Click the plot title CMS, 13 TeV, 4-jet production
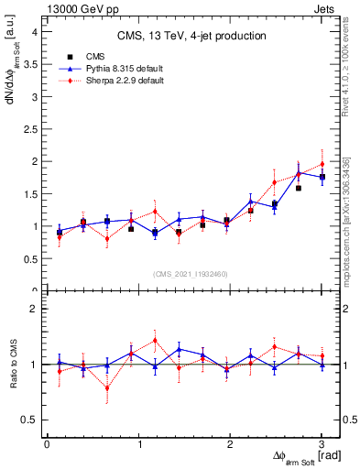[191, 36]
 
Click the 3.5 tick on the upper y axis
[29, 64]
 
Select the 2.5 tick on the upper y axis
[29, 129]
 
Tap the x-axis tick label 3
[322, 444]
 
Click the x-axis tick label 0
[47, 444]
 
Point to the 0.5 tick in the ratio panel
[29, 420]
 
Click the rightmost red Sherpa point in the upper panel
[322, 164]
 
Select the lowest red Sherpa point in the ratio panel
[107, 387]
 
